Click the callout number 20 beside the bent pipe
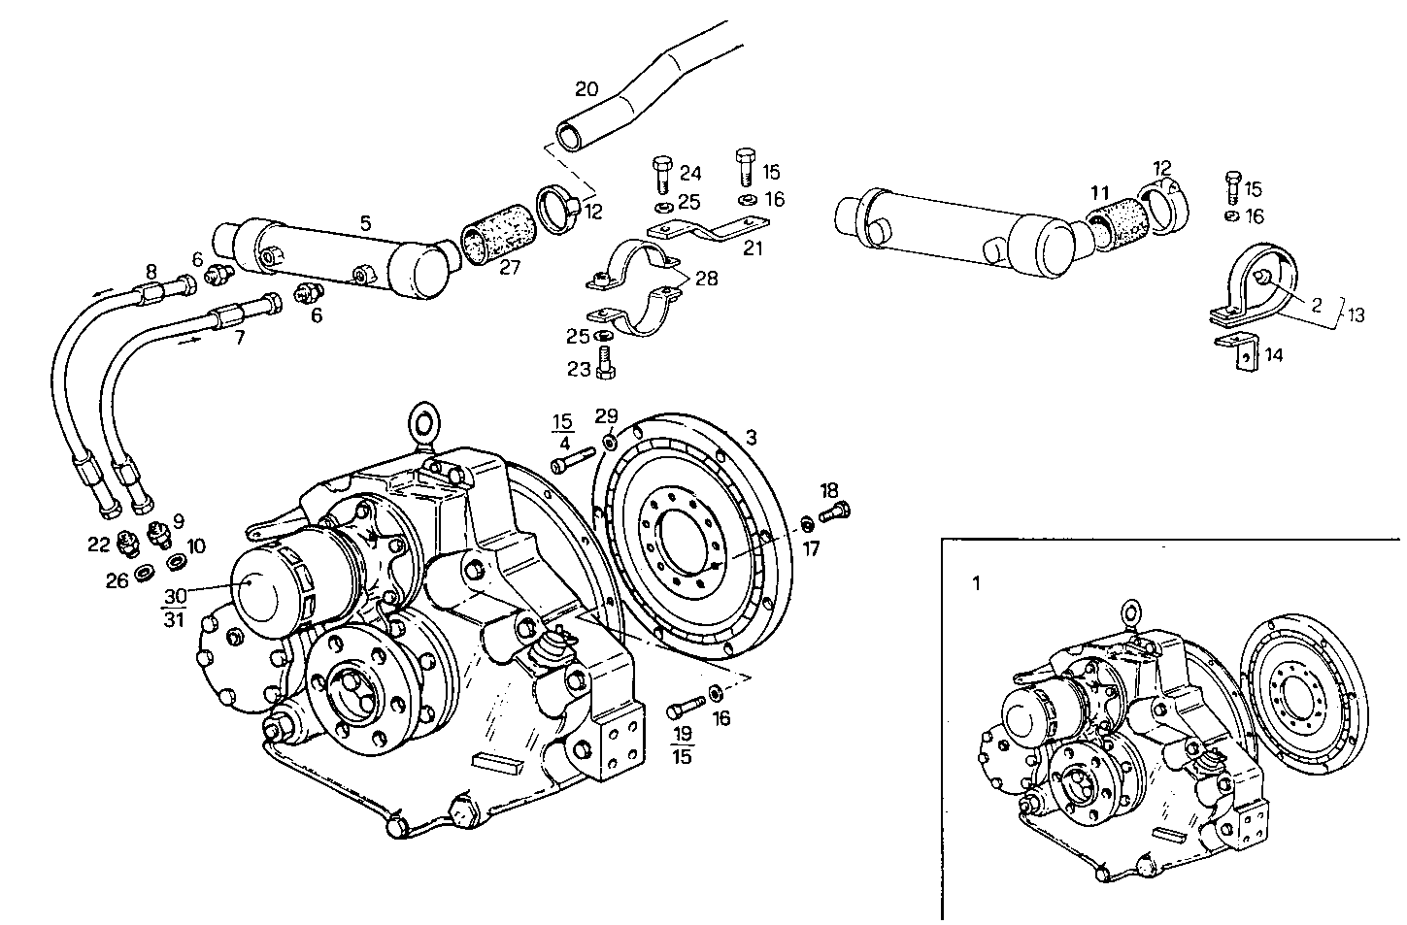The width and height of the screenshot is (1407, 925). (x=586, y=89)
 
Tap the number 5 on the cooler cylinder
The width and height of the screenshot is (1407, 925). (x=365, y=223)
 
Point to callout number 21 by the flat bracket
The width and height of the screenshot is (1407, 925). (x=753, y=248)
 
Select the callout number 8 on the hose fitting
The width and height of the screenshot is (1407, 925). (x=151, y=271)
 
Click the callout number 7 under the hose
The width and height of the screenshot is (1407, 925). (x=239, y=337)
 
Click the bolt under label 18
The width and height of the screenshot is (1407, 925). (x=834, y=510)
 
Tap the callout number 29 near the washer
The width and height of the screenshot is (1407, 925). (x=607, y=416)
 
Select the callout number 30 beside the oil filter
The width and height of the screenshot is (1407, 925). (x=175, y=596)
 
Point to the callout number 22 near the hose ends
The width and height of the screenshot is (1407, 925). (x=98, y=545)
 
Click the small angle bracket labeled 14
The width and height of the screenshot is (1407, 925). (x=1243, y=355)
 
